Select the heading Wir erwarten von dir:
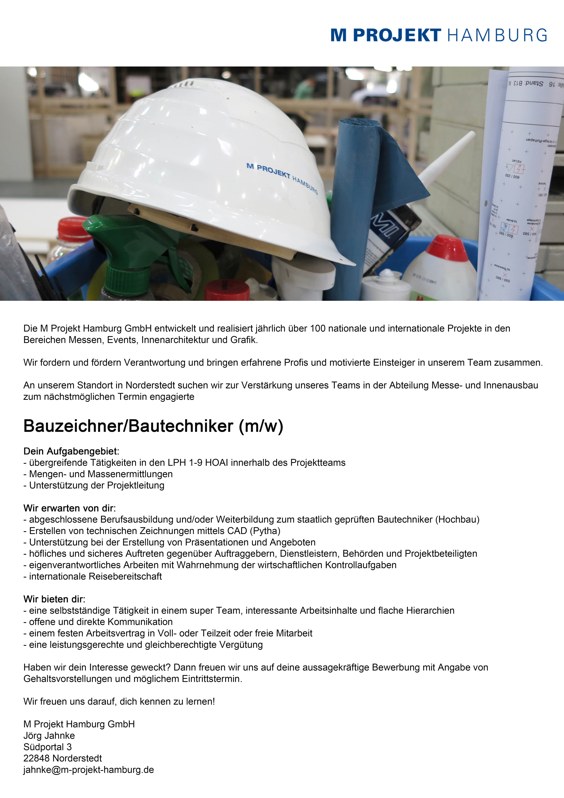click(70, 508)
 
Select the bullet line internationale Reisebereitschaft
click(95, 576)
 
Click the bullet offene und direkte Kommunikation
click(101, 622)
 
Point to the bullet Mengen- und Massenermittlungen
click(101, 474)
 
